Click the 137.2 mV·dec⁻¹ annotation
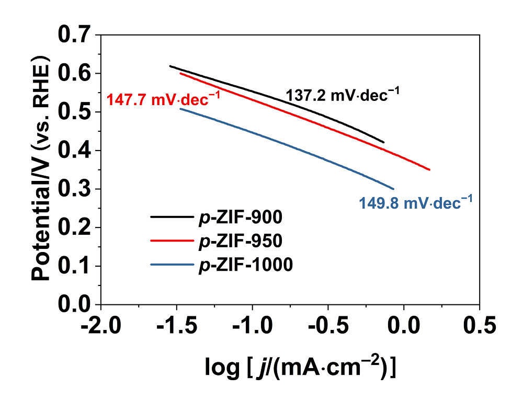click(343, 95)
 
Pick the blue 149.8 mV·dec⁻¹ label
click(416, 202)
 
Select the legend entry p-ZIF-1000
click(245, 265)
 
